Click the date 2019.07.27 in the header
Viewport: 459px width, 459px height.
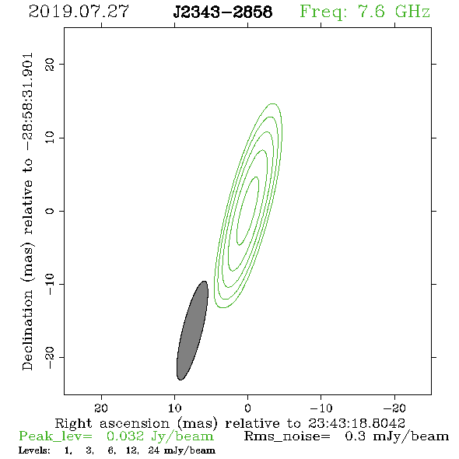[x=79, y=12]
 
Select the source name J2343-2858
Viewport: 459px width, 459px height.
[x=222, y=12]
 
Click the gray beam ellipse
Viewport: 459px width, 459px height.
[x=192, y=331]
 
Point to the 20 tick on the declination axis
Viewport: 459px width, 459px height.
[x=50, y=64]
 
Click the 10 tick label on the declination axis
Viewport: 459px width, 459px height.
[x=50, y=138]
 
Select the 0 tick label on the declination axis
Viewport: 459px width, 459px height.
[x=50, y=211]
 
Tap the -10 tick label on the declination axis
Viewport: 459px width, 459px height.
[x=50, y=284]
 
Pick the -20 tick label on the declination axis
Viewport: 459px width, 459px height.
[x=50, y=358]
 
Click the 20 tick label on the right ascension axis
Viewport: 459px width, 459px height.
[x=101, y=408]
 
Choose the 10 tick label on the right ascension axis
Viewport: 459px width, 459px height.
[x=175, y=408]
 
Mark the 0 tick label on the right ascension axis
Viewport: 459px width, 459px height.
[x=248, y=408]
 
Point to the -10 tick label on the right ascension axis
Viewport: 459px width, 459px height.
[x=321, y=408]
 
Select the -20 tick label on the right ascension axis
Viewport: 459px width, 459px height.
[x=394, y=408]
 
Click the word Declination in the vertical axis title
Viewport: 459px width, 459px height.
[x=27, y=330]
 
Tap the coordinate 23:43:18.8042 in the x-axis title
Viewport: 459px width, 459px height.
[x=356, y=423]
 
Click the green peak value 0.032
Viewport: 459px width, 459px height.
[x=125, y=436]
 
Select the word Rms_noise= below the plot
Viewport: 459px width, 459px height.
[x=287, y=436]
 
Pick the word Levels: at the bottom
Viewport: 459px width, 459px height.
[x=34, y=450]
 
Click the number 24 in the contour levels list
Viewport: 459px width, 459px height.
[x=154, y=450]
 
